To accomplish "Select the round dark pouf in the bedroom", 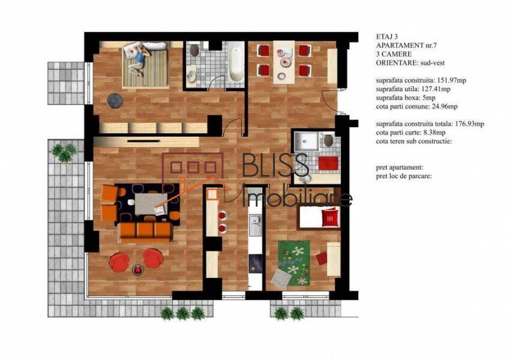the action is click(115, 101).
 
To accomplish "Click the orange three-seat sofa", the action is click(145, 232).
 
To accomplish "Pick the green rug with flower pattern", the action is click(294, 263).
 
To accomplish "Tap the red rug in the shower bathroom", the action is click(328, 163).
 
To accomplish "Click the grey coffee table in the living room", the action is click(151, 203).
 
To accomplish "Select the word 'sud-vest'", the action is click(432, 62).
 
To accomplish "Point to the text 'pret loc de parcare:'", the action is click(404, 176).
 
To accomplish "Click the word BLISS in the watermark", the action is click(276, 165).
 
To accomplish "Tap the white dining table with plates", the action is click(284, 62).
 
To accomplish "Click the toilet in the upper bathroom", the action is click(194, 50).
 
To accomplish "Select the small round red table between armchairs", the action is click(137, 270).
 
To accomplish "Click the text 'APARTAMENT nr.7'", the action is click(406, 45).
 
